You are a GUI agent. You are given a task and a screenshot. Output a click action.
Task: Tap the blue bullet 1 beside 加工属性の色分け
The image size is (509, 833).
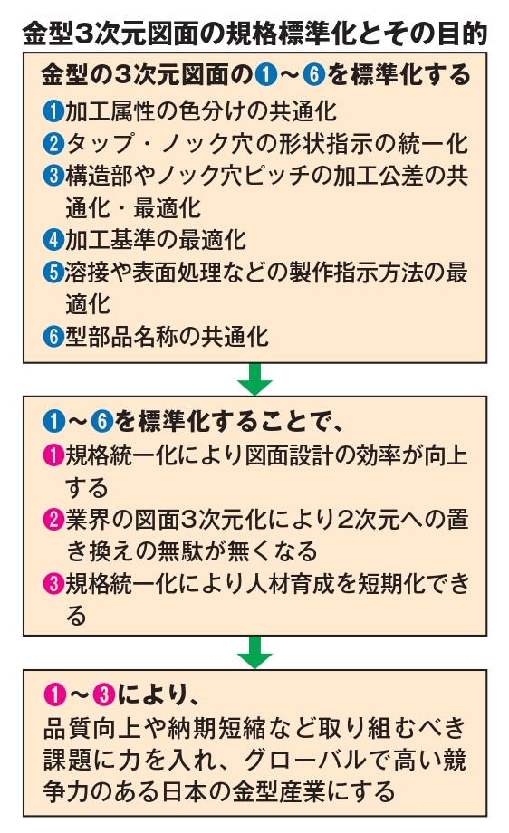pos(53,111)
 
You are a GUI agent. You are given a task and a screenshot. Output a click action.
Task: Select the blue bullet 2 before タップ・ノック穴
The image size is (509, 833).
pos(53,144)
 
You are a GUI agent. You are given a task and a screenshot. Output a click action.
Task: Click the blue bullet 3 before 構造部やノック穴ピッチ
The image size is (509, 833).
pos(53,176)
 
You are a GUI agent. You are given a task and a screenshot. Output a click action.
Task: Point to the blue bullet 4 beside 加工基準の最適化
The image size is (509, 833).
pos(53,240)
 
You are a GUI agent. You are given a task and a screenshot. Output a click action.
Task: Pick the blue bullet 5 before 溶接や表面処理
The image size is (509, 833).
pos(53,272)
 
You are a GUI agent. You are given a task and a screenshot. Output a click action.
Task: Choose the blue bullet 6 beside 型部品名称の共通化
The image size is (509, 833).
pos(53,336)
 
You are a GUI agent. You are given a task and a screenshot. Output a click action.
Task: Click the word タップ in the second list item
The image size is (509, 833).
pos(100,144)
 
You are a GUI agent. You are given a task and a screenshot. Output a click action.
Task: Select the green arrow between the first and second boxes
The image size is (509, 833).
pos(255,379)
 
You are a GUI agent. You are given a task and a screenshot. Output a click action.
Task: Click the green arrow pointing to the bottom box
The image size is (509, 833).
pos(255,653)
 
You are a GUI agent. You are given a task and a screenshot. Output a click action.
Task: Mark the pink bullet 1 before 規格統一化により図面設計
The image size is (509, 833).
pos(53,455)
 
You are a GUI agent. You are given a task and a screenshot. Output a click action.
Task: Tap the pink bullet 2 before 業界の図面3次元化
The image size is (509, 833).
pos(53,520)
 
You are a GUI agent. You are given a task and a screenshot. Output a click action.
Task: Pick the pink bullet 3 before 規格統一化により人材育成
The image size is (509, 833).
pos(53,584)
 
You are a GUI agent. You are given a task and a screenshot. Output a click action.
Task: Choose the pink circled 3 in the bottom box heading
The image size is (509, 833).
pos(103,694)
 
